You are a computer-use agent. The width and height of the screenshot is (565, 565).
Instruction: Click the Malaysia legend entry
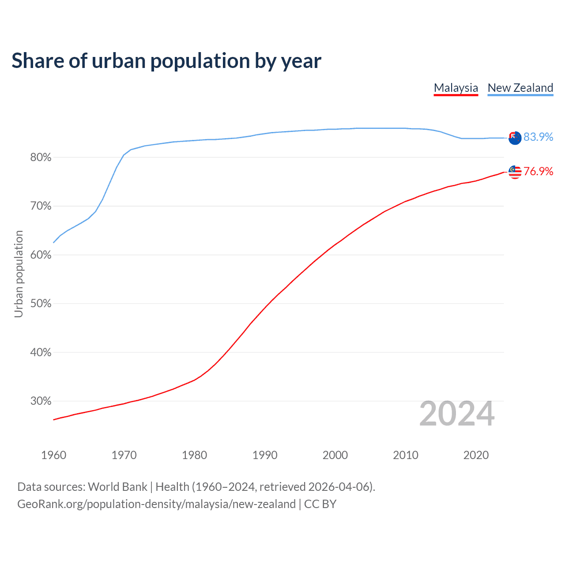(456, 88)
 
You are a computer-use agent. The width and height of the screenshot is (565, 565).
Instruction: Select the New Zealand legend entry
(520, 88)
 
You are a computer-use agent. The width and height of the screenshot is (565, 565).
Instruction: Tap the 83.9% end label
(538, 137)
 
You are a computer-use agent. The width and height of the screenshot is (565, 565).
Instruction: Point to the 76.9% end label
(538, 172)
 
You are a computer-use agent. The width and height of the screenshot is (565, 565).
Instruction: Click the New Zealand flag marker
(515, 138)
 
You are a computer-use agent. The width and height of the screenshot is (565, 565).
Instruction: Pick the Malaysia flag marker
(515, 172)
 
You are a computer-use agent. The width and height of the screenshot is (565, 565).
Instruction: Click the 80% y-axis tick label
(41, 158)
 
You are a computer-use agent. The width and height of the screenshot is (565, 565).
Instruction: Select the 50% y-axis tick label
(41, 304)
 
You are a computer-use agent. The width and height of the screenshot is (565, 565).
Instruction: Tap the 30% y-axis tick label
(41, 401)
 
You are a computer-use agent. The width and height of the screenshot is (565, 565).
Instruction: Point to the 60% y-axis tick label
(41, 255)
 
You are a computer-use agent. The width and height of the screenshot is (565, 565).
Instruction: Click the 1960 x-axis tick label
(53, 455)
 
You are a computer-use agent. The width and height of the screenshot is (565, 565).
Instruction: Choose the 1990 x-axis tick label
(265, 455)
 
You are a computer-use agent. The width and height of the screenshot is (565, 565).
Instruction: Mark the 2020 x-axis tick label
(476, 455)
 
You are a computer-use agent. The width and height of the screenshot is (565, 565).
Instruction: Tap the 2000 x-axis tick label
(335, 455)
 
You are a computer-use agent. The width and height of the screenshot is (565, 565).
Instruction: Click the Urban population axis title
(19, 274)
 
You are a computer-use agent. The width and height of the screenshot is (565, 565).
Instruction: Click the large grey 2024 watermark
(457, 414)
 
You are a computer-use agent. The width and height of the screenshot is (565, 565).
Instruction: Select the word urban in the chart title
(119, 61)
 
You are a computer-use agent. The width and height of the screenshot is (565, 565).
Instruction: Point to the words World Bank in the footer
(117, 487)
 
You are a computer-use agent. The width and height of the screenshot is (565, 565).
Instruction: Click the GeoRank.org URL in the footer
(156, 504)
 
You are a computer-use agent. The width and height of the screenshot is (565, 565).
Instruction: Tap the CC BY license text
(320, 504)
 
